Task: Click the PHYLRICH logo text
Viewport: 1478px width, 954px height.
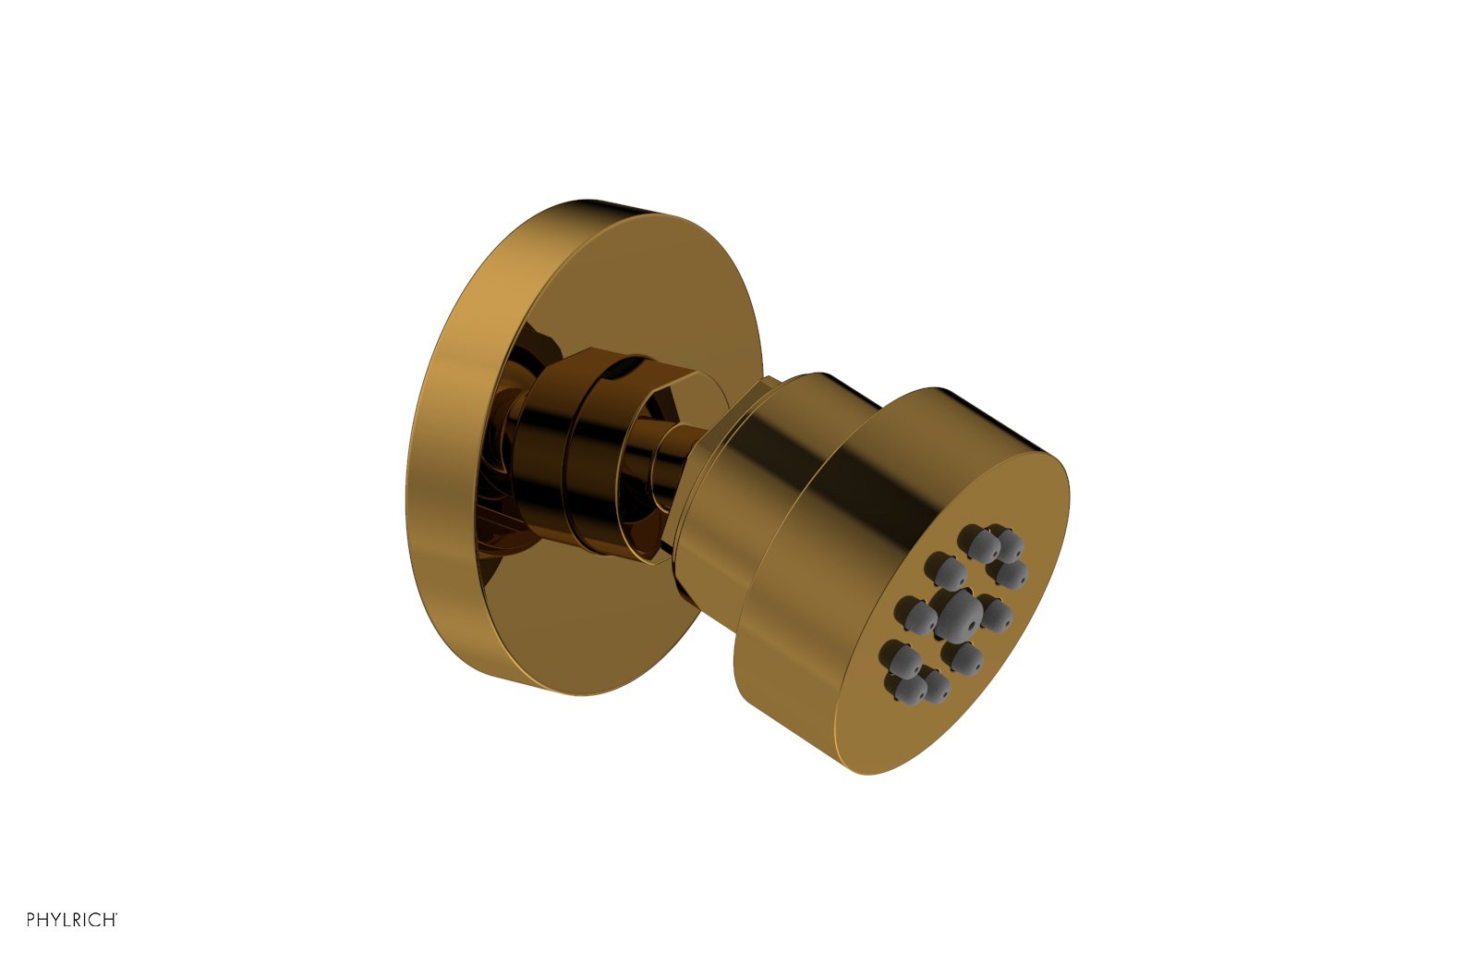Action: (x=71, y=919)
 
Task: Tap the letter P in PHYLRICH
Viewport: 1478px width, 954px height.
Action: (x=30, y=919)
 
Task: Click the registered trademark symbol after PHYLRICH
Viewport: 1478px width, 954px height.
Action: (x=116, y=914)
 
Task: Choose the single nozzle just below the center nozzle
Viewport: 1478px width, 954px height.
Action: (x=966, y=659)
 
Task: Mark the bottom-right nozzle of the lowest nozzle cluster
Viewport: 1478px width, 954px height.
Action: (x=937, y=687)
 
